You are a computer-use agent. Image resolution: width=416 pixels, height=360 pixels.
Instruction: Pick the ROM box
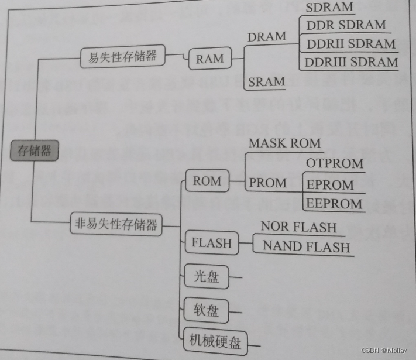point(207,181)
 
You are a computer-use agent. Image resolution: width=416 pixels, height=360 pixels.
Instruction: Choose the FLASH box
point(211,242)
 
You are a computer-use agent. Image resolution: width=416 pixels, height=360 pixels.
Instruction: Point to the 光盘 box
point(205,277)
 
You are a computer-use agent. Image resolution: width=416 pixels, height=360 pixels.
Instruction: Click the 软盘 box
point(205,310)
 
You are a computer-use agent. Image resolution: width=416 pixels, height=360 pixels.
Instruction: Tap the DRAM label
point(267,36)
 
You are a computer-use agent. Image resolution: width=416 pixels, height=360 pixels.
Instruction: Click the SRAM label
point(266,81)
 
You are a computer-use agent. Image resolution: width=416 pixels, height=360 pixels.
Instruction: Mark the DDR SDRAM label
point(346,25)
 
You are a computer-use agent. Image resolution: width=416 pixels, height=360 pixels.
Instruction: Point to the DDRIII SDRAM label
point(352,62)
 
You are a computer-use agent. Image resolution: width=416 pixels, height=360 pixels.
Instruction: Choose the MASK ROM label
point(284,143)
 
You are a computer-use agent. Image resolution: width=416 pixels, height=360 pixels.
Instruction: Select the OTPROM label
point(335,163)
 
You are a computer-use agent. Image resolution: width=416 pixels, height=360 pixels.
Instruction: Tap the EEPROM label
point(334,204)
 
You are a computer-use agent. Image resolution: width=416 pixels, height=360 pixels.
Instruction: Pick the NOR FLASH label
point(298,227)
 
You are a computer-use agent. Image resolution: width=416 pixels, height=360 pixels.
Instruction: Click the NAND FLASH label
point(306,246)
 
